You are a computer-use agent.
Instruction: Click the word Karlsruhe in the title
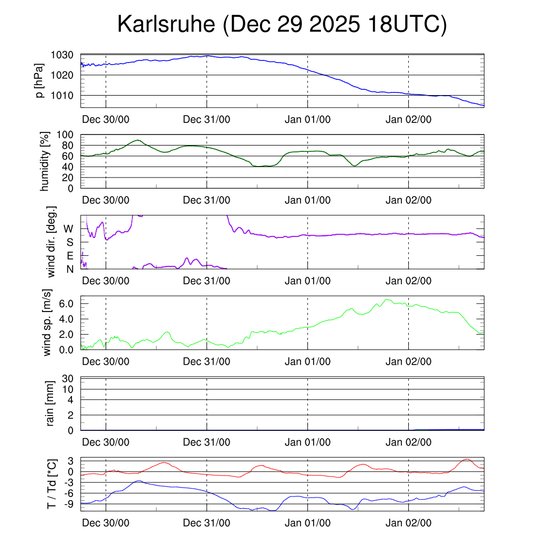pyautogui.click(x=167, y=25)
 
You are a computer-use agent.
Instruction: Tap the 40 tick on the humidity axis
pyautogui.click(x=68, y=167)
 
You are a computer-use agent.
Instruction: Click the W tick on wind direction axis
pyautogui.click(x=68, y=229)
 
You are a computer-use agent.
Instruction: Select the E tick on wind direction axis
pyautogui.click(x=70, y=256)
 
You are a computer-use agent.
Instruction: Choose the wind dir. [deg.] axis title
pyautogui.click(x=51, y=242)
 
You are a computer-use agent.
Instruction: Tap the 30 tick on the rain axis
pyautogui.click(x=68, y=378)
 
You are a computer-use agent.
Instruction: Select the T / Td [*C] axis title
pyautogui.click(x=51, y=483)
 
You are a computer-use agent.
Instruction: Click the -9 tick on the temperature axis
pyautogui.click(x=67, y=504)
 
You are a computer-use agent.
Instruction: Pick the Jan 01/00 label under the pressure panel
pyautogui.click(x=307, y=119)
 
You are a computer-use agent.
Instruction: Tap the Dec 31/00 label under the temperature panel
pyautogui.click(x=206, y=523)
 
